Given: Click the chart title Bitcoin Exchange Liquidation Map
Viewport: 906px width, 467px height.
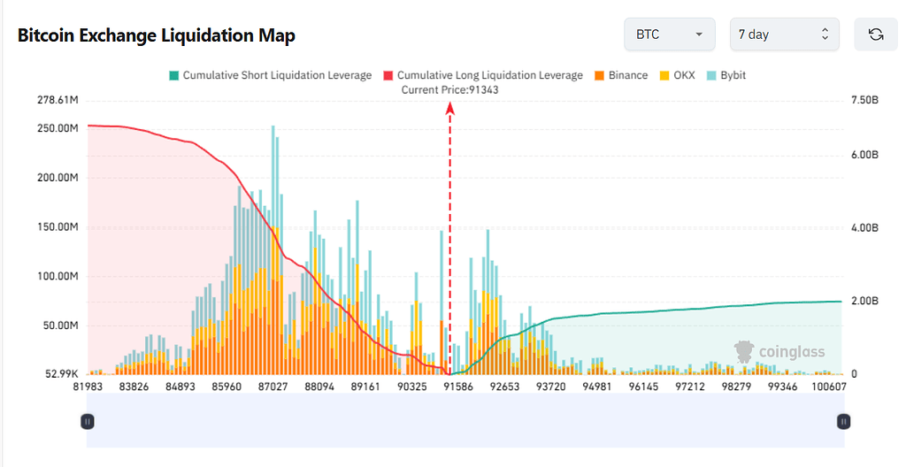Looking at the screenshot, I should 157,35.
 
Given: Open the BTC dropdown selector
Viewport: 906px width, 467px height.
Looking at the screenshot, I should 670,34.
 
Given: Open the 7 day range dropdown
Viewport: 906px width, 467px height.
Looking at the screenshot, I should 783,34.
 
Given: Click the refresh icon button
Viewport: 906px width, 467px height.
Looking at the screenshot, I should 876,34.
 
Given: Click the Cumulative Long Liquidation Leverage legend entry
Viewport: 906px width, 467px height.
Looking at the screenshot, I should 482,75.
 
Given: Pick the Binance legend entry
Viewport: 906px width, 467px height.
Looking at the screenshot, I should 623,75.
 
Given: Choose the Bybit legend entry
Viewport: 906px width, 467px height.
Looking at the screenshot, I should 726,75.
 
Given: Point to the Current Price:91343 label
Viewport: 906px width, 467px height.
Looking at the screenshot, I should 449,89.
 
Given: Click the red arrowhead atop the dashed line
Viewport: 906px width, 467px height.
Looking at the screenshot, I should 449,108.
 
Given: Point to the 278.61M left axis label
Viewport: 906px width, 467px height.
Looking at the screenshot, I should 55,101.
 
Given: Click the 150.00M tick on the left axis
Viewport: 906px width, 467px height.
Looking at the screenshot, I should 55,226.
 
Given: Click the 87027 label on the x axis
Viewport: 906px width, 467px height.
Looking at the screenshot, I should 273,387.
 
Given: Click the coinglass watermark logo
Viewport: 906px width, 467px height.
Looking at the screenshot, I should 779,352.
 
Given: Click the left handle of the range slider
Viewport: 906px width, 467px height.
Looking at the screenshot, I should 88,422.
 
